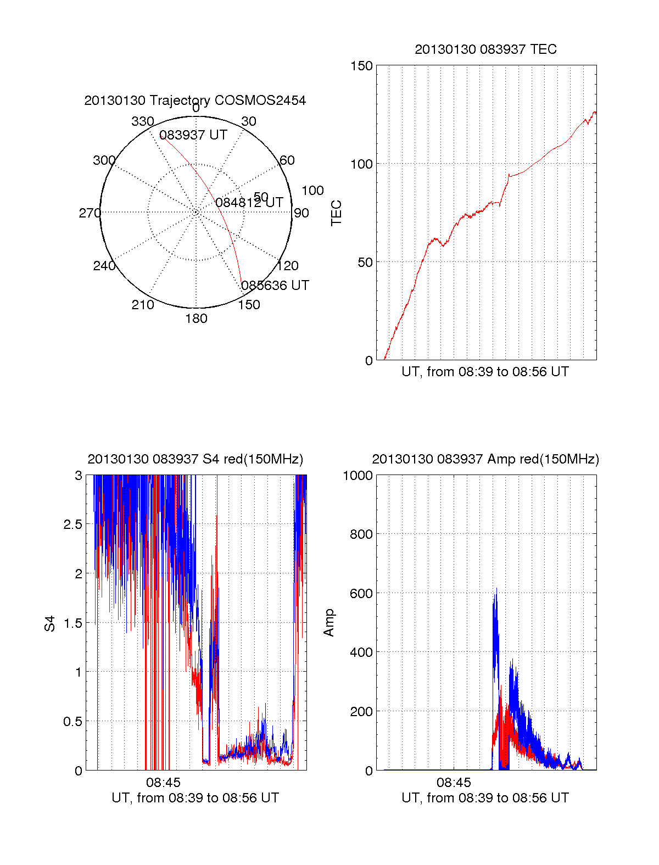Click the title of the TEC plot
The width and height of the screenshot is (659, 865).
(x=485, y=49)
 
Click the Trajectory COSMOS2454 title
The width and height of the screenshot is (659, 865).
(x=195, y=101)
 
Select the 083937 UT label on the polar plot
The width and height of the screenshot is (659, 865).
(x=193, y=135)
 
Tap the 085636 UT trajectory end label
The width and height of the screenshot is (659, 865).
(x=275, y=286)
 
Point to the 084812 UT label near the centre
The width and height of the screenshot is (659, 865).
(x=249, y=203)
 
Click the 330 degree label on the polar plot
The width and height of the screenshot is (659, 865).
(x=142, y=121)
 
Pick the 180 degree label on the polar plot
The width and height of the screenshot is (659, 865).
(x=196, y=319)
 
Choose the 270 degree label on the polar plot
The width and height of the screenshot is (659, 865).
(x=90, y=213)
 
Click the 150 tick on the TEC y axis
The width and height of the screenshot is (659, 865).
(x=361, y=66)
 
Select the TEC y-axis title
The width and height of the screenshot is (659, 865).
(x=336, y=213)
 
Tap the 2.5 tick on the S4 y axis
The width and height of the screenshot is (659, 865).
(x=72, y=524)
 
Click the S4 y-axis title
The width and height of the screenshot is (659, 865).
(x=50, y=623)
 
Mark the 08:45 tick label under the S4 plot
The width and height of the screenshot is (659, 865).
(x=163, y=782)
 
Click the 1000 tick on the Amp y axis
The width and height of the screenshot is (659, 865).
(x=358, y=476)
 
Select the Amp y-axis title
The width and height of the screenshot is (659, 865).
(x=328, y=623)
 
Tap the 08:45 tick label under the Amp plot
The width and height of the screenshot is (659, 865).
(x=454, y=782)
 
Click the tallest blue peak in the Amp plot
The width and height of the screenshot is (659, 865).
(x=496, y=589)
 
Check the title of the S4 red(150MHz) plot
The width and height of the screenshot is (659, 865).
(x=195, y=459)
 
